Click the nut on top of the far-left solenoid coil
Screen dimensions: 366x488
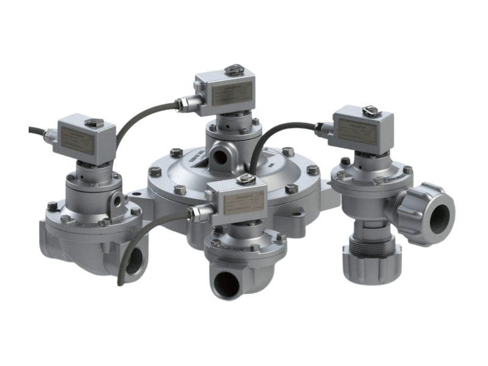pyautogui.click(x=94, y=123)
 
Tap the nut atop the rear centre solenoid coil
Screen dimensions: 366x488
pyautogui.click(x=232, y=70)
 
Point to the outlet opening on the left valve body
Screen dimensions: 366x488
pyautogui.click(x=135, y=259)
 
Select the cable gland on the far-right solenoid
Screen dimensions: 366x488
pyautogui.click(x=321, y=127)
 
